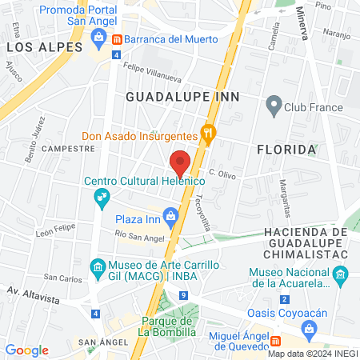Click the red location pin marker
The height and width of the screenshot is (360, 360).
(180, 162)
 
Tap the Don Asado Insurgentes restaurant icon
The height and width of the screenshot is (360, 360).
(209, 134)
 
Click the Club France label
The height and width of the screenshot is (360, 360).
(315, 107)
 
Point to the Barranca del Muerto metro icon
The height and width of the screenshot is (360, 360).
(116, 39)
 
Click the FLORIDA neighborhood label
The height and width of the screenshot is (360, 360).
(286, 150)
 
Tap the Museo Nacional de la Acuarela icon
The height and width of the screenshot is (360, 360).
(341, 277)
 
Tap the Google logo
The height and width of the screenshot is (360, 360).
(26, 350)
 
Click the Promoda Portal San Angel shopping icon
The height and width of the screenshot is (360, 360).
(99, 36)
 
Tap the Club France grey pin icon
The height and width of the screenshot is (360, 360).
(274, 106)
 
